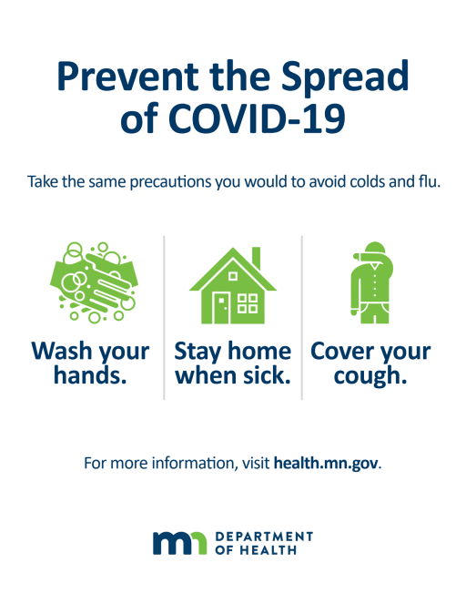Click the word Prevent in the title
point(127,77)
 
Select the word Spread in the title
point(344,77)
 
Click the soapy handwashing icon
point(94,282)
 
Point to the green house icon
point(233,285)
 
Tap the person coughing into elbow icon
point(372,282)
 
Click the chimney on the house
point(256,258)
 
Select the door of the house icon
point(222,308)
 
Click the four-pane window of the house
point(248,303)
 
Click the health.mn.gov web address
point(326,463)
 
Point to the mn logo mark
point(179,543)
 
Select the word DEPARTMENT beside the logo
point(264,537)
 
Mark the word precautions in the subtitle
point(171,182)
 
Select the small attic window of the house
point(233,276)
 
